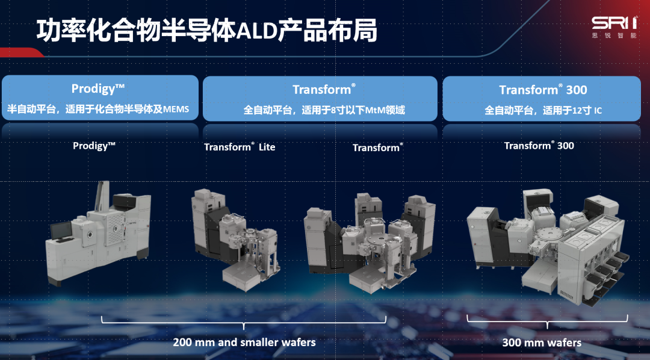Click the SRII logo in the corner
tap(614, 27)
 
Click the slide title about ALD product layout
tap(207, 31)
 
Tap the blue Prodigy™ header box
tap(100, 98)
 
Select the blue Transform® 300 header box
tap(542, 99)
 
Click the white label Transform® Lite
tap(240, 147)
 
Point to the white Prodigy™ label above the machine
tap(94, 146)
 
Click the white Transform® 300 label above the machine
tap(539, 146)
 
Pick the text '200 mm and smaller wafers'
tap(244, 342)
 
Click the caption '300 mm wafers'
tap(542, 343)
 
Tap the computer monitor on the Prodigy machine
tap(61, 231)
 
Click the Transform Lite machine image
tap(235, 240)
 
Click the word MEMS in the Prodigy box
tap(176, 110)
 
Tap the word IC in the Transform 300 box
tap(598, 111)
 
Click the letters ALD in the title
tap(256, 31)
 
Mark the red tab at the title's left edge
tap(20, 52)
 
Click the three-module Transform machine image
tap(370, 243)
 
